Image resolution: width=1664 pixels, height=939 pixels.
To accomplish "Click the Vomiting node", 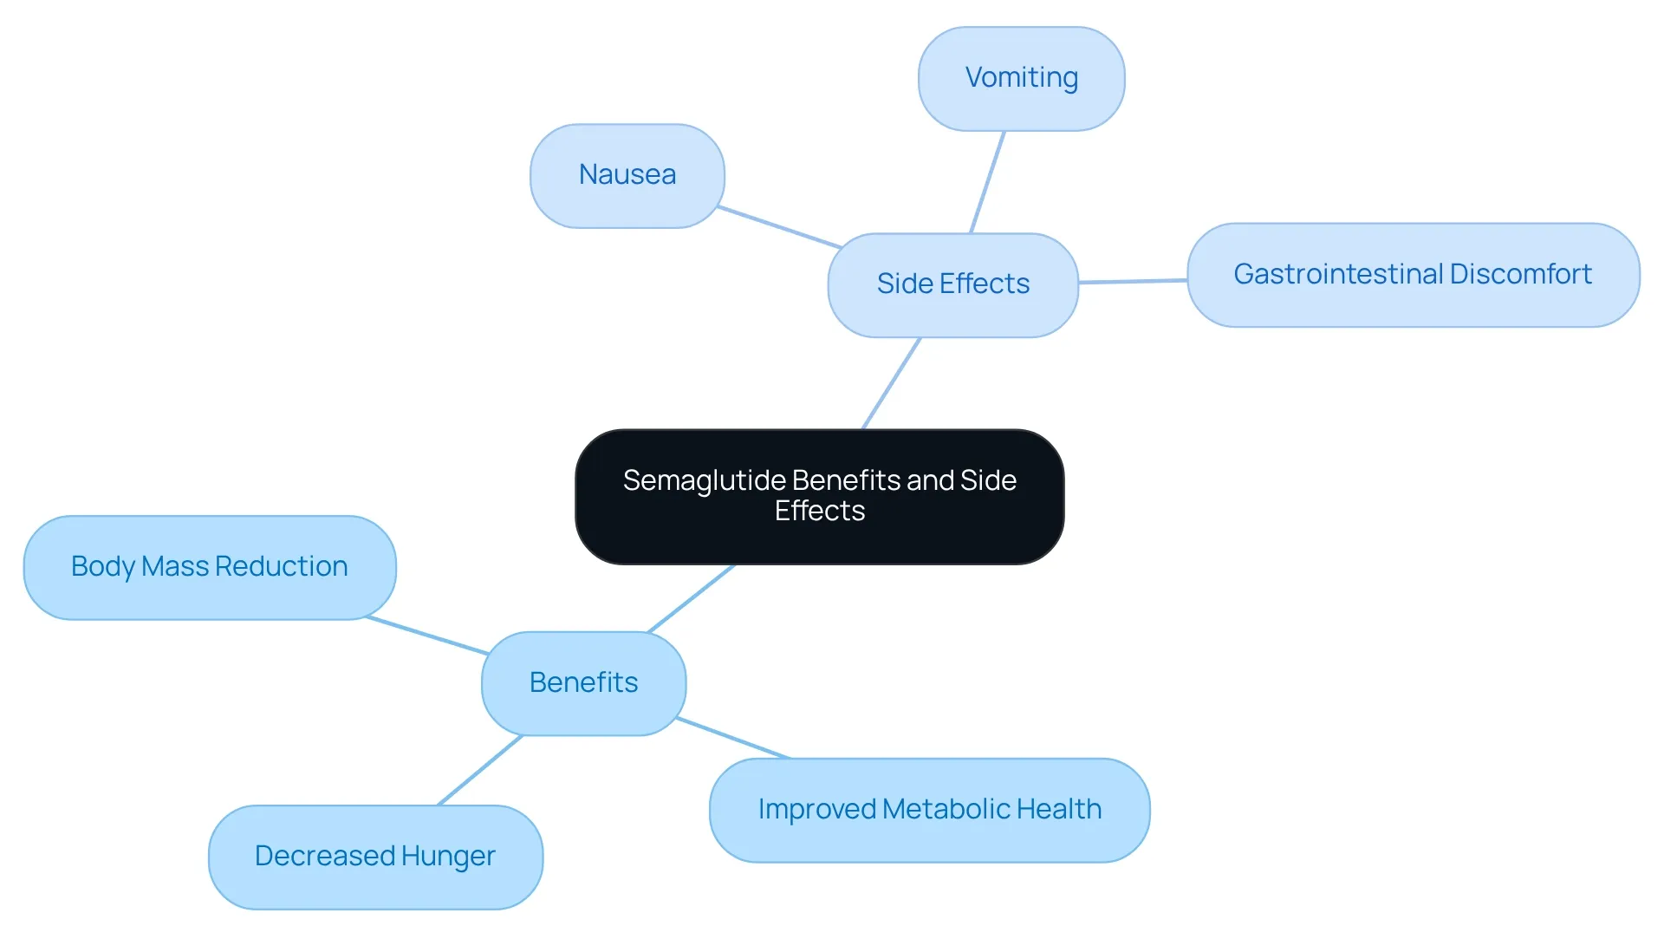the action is pos(1022,79).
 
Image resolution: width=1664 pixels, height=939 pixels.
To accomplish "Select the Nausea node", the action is pos(627,176).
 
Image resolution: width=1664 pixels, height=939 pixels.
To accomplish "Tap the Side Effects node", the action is pos(953,285).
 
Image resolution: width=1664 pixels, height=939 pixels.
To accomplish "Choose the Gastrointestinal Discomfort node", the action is pos(1414,275).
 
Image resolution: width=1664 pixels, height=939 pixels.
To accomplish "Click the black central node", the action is pos(820,497).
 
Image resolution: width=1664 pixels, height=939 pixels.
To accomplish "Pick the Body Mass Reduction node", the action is pos(210,568).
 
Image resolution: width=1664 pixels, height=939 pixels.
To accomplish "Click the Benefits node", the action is pos(584,684).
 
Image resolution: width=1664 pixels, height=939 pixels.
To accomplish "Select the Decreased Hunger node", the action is pos(376,857).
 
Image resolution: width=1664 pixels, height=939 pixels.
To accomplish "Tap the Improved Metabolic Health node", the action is pos(930,811).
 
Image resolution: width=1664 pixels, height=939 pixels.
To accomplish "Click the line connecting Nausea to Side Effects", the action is pos(780,227).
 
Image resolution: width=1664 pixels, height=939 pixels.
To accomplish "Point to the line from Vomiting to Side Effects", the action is pos(987,182).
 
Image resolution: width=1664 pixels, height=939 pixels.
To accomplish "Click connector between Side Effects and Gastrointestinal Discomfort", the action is pos(1133,281).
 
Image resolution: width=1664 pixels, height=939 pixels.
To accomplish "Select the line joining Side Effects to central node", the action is pos(891,383).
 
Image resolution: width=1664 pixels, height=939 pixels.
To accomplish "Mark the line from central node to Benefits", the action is pos(692,598).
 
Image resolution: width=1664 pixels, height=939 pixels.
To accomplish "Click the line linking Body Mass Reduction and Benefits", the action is pos(427,636).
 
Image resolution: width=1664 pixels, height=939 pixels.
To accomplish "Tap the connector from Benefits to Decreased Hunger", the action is pos(481,770).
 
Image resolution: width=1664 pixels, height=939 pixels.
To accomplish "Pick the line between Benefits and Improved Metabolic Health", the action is pos(733,738).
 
